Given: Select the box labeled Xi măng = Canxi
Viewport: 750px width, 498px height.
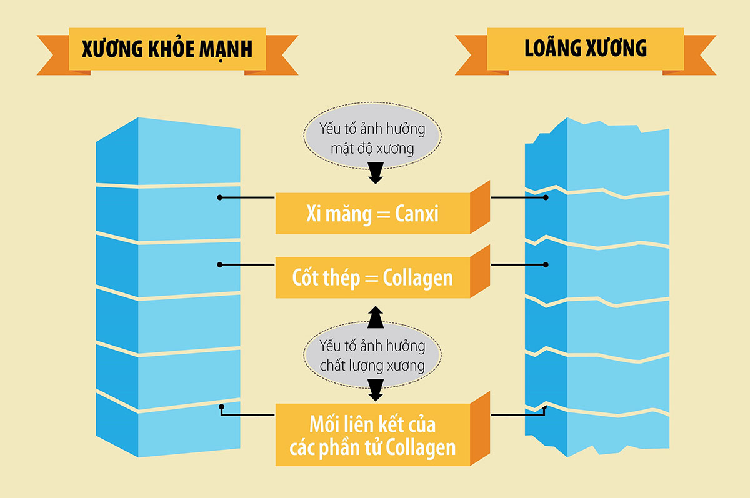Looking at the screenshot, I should pos(372,214).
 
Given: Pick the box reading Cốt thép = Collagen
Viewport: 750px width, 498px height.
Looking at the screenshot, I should pos(372,278).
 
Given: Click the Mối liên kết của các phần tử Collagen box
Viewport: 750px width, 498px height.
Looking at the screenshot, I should pos(372,436).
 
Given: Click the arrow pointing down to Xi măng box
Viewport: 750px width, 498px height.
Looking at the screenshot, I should pos(374,175).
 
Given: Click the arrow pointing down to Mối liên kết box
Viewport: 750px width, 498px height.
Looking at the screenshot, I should pos(374,391).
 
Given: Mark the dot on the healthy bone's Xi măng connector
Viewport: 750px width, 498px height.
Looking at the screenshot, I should pos(220,197).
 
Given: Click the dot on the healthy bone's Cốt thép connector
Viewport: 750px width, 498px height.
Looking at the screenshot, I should pos(220,264).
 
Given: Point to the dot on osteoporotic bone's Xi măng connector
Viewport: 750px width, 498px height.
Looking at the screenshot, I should pos(546,197).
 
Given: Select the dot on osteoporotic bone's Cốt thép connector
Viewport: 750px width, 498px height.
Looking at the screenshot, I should pos(546,264).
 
